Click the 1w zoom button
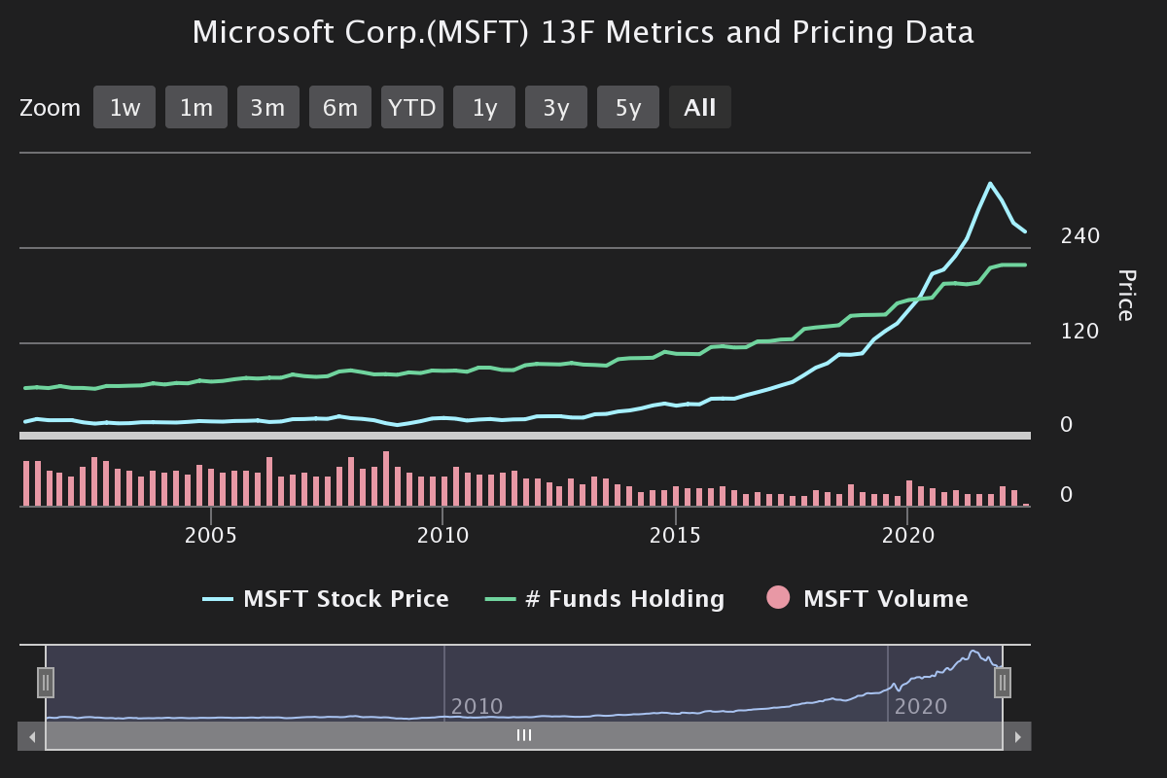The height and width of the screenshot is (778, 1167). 124,107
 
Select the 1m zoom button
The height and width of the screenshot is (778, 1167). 196,107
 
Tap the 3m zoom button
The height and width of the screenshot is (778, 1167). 267,107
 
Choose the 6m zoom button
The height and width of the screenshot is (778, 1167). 340,107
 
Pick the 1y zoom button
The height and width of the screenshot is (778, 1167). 484,107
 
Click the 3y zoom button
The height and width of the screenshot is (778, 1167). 556,107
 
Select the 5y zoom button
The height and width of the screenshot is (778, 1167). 628,107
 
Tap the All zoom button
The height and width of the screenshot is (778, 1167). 700,107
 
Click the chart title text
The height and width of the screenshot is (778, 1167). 583,32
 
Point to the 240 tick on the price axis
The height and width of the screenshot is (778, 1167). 1080,236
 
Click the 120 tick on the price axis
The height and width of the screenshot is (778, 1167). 1080,332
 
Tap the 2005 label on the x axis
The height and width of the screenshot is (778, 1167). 211,536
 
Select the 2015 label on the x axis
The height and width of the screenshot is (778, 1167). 675,536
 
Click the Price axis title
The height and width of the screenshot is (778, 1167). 1124,295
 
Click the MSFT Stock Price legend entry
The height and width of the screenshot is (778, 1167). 345,599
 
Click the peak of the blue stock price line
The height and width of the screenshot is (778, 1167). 990,183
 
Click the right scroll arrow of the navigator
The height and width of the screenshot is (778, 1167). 1017,736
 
